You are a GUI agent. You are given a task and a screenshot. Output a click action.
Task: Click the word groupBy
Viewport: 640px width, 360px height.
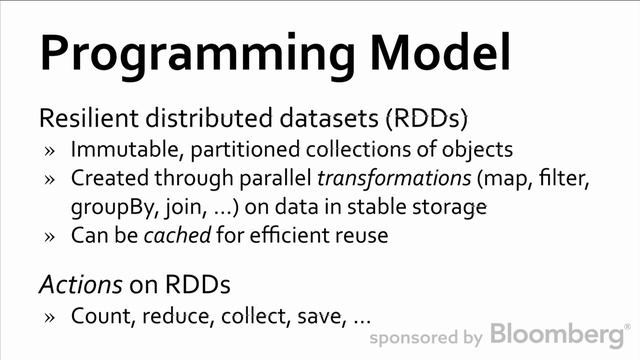[x=108, y=209]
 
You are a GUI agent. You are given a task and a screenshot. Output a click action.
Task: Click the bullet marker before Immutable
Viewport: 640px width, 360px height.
[x=50, y=152]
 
